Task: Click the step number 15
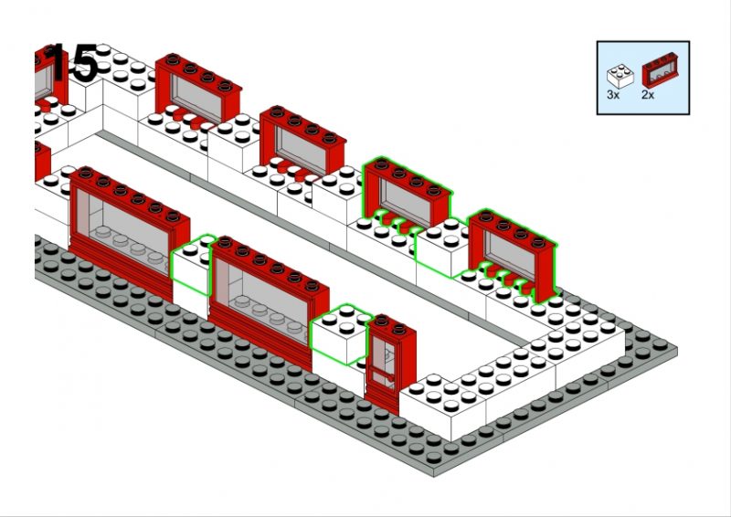(71, 64)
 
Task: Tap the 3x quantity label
(614, 94)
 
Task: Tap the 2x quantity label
(649, 94)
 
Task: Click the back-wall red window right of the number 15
(197, 91)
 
